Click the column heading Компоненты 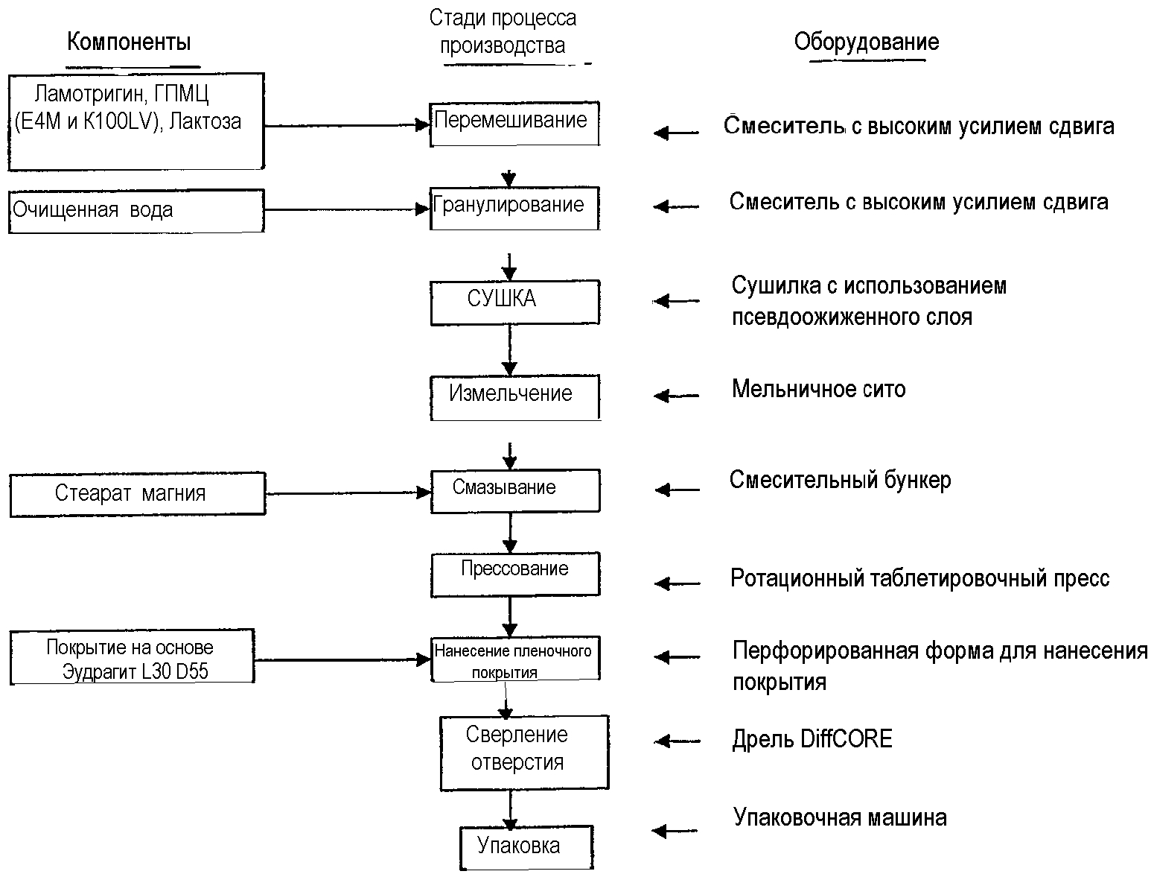point(129,42)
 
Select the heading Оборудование point(867,42)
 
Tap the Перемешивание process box point(514,124)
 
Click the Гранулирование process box point(514,209)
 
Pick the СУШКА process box point(515,303)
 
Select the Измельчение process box point(515,398)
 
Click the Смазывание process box point(515,491)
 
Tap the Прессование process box point(515,574)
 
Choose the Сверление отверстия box point(524,753)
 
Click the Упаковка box point(526,847)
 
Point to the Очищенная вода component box point(137,211)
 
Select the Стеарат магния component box point(138,495)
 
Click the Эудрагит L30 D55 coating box point(132,656)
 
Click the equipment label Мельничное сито point(818,389)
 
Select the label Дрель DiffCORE point(812,739)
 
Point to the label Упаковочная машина point(840,817)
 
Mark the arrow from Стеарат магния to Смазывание point(348,493)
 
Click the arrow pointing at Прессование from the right point(678,583)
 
